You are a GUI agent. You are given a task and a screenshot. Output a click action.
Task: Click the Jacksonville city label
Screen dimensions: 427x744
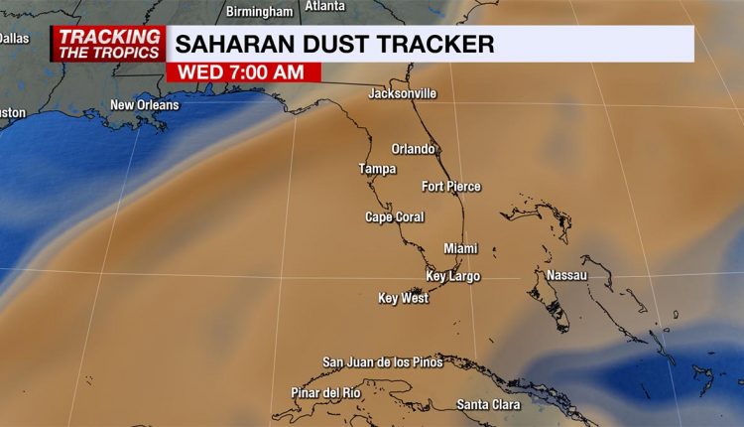(402, 94)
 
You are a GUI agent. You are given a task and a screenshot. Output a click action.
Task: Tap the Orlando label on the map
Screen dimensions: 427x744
(413, 149)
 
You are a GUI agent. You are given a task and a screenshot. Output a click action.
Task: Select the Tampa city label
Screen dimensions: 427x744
(377, 169)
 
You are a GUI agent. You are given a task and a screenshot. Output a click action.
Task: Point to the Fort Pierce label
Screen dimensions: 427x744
(450, 187)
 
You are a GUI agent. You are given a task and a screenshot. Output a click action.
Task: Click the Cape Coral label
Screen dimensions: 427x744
(394, 216)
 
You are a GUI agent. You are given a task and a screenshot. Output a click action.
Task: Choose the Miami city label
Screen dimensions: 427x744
(460, 248)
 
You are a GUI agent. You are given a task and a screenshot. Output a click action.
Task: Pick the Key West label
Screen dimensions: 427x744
(403, 298)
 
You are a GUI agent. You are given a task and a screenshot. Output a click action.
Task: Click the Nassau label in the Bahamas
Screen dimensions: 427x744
(566, 274)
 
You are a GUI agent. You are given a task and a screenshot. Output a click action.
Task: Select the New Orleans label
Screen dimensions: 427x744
(145, 105)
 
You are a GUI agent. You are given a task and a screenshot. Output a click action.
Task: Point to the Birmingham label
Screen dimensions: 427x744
(260, 12)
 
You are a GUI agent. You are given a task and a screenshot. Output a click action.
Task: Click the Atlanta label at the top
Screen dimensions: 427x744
(325, 6)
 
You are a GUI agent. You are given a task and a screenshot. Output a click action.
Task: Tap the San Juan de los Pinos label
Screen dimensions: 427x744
(383, 362)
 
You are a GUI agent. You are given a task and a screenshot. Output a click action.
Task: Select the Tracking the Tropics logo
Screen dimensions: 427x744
(108, 44)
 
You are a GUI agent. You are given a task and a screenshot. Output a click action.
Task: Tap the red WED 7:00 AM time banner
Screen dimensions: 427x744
(244, 72)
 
